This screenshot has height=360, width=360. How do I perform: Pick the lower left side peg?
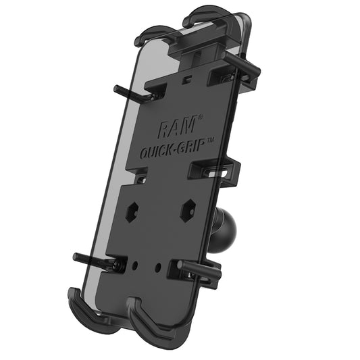[92, 259]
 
